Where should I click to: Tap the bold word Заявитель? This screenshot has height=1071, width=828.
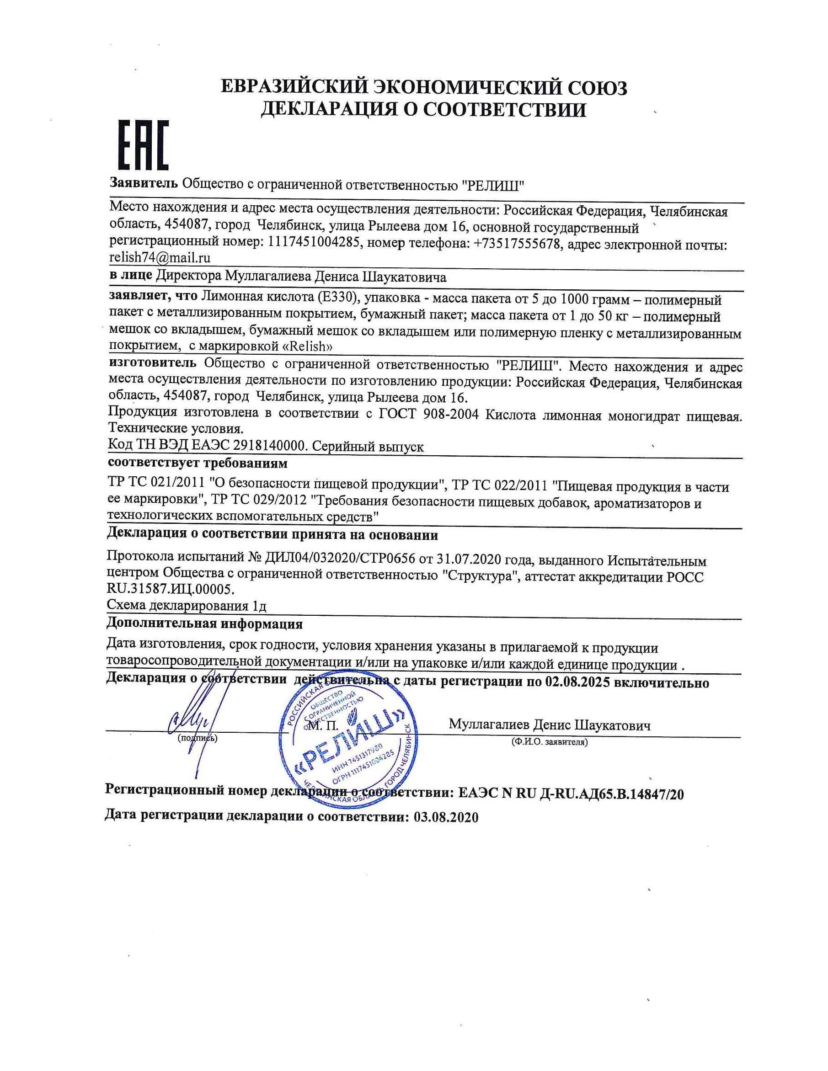tap(143, 184)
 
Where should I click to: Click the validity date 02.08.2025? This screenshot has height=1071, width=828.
tap(576, 682)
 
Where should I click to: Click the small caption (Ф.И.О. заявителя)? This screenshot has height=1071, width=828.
tap(549, 742)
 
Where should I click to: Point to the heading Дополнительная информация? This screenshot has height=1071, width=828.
tap(204, 624)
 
